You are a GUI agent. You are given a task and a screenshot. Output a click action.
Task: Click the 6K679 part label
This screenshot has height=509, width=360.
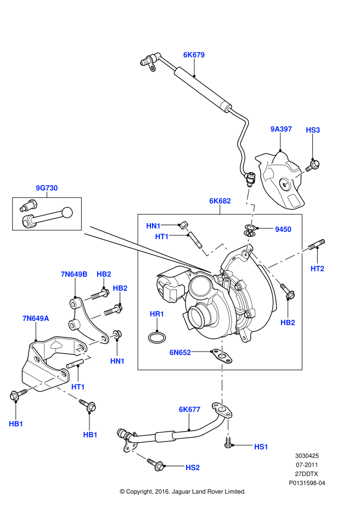click(194, 55)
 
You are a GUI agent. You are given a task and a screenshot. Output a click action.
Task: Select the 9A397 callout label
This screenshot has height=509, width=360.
click(281, 129)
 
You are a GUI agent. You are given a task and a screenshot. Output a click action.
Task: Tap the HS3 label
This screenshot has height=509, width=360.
click(313, 130)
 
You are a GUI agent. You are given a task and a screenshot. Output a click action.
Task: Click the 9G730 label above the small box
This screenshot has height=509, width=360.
click(47, 188)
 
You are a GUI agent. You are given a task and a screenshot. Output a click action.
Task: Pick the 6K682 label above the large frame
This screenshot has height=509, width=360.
click(220, 201)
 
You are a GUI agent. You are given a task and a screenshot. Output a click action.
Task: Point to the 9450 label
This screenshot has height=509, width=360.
click(283, 230)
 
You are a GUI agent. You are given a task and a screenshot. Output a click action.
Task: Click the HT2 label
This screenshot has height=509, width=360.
click(317, 269)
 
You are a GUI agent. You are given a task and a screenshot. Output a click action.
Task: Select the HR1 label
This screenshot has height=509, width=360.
click(157, 314)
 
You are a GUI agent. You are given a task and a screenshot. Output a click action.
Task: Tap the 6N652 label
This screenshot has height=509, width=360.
click(180, 353)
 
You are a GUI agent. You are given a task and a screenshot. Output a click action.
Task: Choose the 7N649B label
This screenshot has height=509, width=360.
click(74, 274)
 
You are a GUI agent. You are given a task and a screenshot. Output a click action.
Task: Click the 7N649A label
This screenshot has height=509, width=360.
click(36, 318)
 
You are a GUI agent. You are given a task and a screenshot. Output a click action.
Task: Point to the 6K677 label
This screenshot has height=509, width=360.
click(189, 409)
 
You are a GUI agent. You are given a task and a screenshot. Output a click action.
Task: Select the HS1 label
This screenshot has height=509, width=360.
click(261, 447)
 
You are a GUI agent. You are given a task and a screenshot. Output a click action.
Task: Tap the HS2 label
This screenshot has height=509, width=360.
click(192, 467)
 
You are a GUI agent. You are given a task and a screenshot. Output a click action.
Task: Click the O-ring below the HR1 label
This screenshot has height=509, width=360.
click(156, 336)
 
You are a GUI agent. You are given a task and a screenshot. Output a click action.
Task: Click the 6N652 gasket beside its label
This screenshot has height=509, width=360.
click(223, 355)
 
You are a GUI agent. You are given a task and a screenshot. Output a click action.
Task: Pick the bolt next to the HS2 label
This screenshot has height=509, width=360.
click(159, 466)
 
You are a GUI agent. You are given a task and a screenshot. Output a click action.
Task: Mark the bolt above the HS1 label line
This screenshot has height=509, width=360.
click(228, 441)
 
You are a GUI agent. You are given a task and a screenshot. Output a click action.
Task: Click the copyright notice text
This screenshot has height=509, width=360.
click(183, 491)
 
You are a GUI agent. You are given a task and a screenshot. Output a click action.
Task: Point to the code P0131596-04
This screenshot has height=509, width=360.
click(307, 483)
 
